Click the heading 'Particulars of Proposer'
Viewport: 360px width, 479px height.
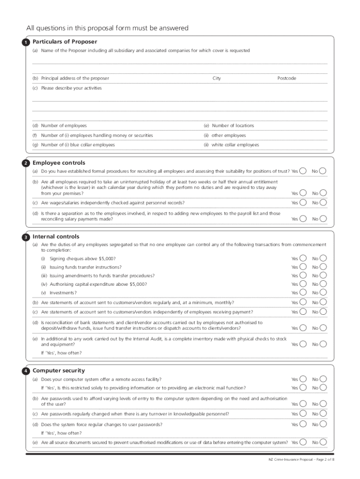[x=65, y=42]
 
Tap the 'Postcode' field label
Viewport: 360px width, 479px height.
[x=287, y=79]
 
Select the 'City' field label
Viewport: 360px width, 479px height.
[x=216, y=79]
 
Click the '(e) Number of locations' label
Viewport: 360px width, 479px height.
[x=229, y=126]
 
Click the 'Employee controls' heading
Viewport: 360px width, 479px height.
[x=59, y=163]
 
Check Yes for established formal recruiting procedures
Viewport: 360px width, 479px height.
[x=303, y=171]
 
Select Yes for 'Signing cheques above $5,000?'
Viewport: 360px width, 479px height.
[x=303, y=259]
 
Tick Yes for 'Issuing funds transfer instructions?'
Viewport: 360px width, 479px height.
[x=303, y=267]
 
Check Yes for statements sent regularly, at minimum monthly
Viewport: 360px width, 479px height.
[x=303, y=303]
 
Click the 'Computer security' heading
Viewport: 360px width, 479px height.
[x=58, y=370]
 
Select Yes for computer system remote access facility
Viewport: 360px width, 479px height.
[x=303, y=379]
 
